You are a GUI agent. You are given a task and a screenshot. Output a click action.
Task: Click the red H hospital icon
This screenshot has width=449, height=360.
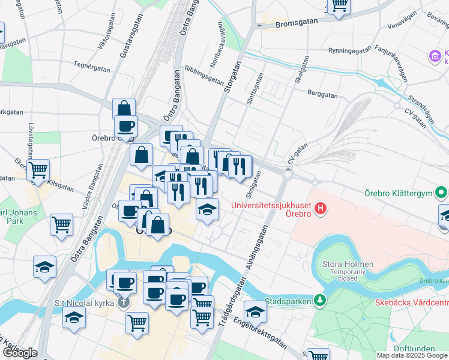pyautogui.click(x=321, y=209)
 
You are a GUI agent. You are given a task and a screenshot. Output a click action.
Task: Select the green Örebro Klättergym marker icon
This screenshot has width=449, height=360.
pyautogui.click(x=442, y=193)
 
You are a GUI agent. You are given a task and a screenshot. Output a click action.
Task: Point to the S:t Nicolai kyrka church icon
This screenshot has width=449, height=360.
pyautogui.click(x=124, y=301)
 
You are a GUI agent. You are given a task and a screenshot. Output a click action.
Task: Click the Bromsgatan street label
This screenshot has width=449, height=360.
pyautogui.click(x=297, y=25)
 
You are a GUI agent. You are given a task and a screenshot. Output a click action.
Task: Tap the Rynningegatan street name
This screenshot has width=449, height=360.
pyautogui.click(x=349, y=50)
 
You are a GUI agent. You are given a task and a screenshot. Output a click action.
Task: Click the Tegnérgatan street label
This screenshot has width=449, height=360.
pyautogui.click(x=92, y=65)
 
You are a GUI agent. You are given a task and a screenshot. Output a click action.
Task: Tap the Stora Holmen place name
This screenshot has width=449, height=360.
pyautogui.click(x=348, y=264)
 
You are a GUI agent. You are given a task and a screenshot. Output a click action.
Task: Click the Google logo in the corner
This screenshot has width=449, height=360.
pyautogui.click(x=20, y=353)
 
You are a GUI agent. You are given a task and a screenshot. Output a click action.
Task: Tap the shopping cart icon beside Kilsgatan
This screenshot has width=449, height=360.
pyautogui.click(x=38, y=170)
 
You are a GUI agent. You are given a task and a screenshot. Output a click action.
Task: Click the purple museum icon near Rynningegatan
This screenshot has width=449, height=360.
pyautogui.click(x=434, y=57)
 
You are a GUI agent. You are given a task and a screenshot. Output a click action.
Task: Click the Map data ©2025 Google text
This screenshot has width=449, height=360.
pyautogui.click(x=412, y=355)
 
